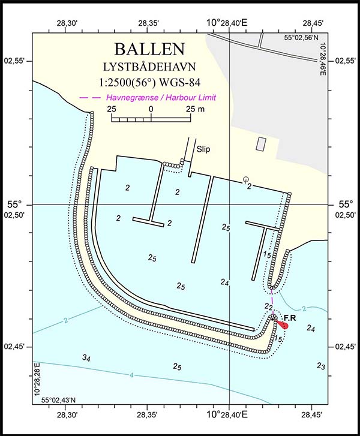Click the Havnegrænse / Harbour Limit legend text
160,98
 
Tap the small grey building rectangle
261,144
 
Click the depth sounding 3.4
86,357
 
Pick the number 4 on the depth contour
131,375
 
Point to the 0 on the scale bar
151,109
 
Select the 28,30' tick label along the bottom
66,414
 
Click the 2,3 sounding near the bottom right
321,366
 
